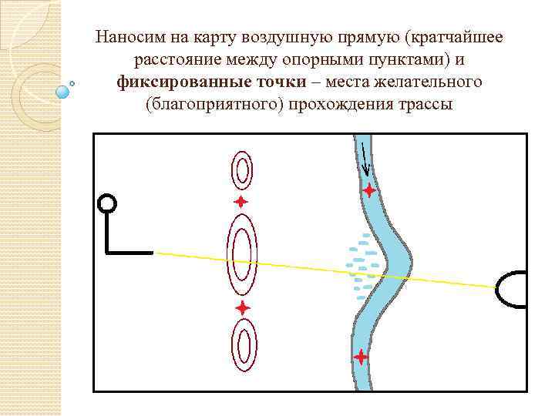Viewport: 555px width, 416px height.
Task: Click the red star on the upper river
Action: coord(369,190)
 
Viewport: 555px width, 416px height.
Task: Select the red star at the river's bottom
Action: coord(360,357)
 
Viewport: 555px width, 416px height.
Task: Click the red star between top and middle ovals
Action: coord(241,202)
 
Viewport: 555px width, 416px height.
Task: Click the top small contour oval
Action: coord(242,170)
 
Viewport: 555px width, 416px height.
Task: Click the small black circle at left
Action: coord(107,203)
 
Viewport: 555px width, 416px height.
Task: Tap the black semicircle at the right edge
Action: coord(513,290)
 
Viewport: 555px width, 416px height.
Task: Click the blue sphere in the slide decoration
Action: coord(63,92)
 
